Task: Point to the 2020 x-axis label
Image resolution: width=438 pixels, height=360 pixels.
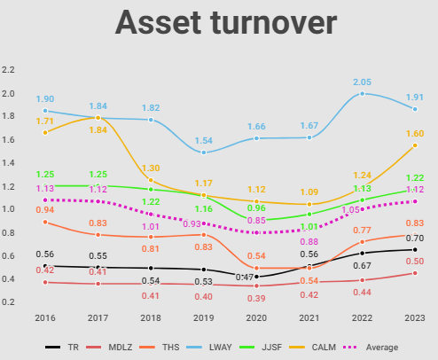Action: point(257,317)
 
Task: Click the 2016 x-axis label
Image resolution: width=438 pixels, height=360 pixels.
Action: point(44,317)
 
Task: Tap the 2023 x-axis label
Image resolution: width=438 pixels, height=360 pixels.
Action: point(414,317)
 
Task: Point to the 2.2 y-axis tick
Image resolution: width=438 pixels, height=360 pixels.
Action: point(9,69)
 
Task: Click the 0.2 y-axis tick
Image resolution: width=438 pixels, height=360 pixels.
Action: point(9,302)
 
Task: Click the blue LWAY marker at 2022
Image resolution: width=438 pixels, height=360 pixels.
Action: point(362,93)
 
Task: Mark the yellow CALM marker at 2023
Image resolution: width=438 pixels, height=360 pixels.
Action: point(414,145)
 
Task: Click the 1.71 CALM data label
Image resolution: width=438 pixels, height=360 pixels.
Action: point(46,121)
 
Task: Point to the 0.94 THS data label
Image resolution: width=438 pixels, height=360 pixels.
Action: point(44,210)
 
